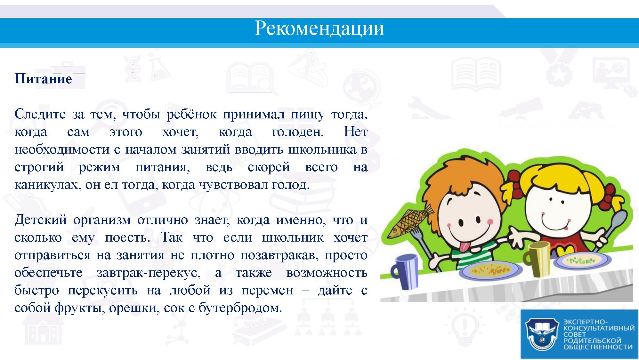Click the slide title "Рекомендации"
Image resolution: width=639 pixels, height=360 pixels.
pos(319,28)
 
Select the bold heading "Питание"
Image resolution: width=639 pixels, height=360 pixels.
pos(43,79)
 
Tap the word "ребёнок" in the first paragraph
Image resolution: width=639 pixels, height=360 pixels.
pos(191,114)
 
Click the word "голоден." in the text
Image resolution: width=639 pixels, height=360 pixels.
pos(298,132)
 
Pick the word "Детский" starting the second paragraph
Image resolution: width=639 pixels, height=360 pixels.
pos(41,220)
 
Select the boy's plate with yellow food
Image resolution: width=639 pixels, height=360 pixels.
pos(491,271)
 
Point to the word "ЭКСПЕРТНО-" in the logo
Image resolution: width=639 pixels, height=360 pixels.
pos(583,322)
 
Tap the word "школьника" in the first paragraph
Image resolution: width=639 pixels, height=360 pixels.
pos(322,149)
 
